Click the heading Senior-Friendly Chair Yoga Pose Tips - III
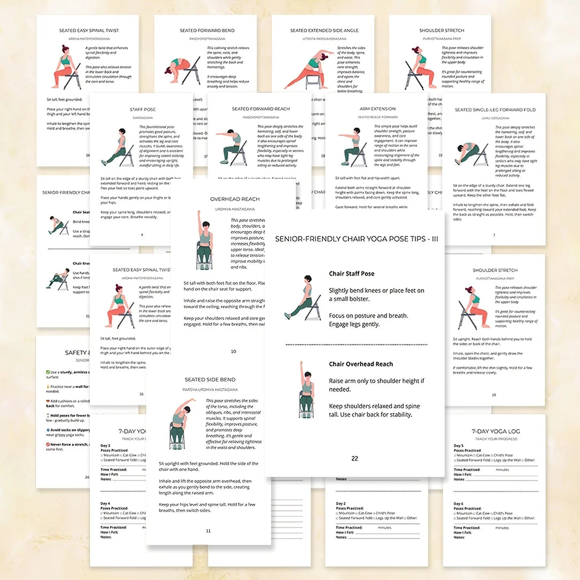[x=356, y=239]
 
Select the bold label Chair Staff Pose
[x=352, y=273]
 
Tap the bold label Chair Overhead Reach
[x=361, y=364]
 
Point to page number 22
[x=355, y=459]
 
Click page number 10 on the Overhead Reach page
[x=233, y=352]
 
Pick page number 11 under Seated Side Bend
[x=208, y=531]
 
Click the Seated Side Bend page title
[x=208, y=379]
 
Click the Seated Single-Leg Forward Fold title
[x=494, y=110]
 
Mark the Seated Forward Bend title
[x=205, y=30]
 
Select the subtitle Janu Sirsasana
[x=494, y=118]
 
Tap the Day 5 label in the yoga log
[x=459, y=445]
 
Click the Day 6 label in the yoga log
[x=459, y=503]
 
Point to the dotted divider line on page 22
[x=355, y=345]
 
